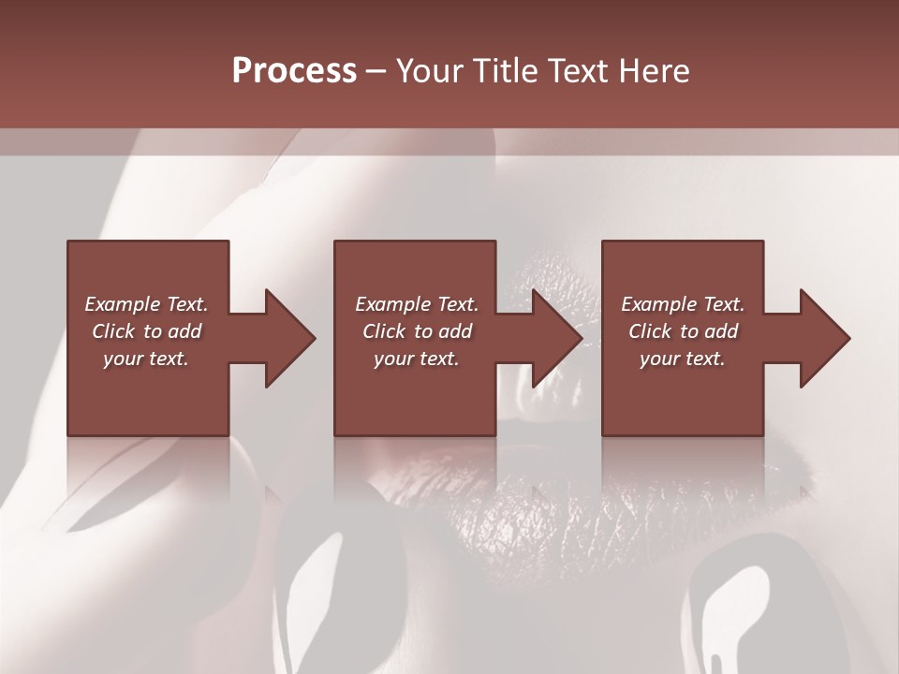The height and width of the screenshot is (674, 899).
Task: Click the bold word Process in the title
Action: click(294, 71)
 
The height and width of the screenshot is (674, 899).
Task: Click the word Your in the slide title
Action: click(428, 71)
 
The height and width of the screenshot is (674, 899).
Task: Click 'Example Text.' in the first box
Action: click(146, 304)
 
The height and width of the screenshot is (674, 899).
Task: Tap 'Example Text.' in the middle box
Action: click(417, 304)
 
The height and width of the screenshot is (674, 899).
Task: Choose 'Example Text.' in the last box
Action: click(683, 304)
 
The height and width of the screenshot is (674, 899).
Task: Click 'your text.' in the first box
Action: click(146, 359)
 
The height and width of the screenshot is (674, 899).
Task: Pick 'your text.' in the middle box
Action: click(417, 359)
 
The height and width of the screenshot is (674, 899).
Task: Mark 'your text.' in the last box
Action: click(683, 359)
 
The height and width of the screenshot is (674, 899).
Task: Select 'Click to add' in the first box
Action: click(146, 331)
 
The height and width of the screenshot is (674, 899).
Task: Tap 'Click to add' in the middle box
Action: click(417, 331)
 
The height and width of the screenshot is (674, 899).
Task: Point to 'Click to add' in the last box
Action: click(683, 331)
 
